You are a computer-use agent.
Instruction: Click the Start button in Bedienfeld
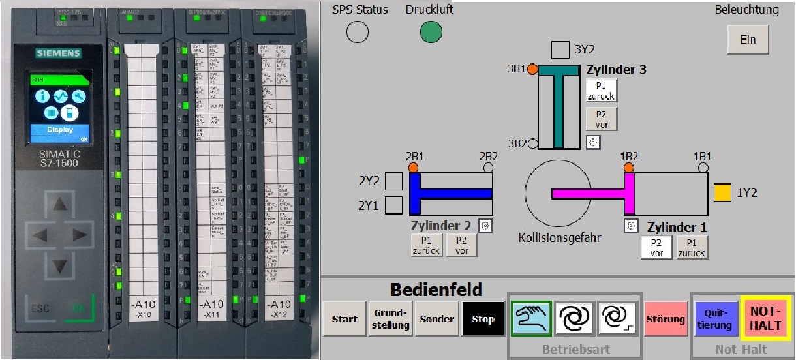[x=344, y=319]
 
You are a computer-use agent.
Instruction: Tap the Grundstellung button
[x=391, y=319]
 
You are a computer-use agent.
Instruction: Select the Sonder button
[x=437, y=319]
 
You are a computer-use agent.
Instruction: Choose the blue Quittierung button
[x=715, y=319]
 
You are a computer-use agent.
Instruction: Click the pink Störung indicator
[x=666, y=319]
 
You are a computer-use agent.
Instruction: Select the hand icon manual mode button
[x=531, y=318]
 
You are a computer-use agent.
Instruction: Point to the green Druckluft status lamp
[x=431, y=31]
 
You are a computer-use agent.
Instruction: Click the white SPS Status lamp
[x=358, y=31]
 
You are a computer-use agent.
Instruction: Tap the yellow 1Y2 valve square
[x=722, y=193]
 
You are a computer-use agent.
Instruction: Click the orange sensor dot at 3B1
[x=532, y=68]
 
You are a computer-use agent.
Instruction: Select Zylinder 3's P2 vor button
[x=601, y=119]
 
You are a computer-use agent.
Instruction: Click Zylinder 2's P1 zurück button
[x=427, y=245]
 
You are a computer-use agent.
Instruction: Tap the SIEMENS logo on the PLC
[x=58, y=53]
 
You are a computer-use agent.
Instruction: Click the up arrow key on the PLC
[x=60, y=205]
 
